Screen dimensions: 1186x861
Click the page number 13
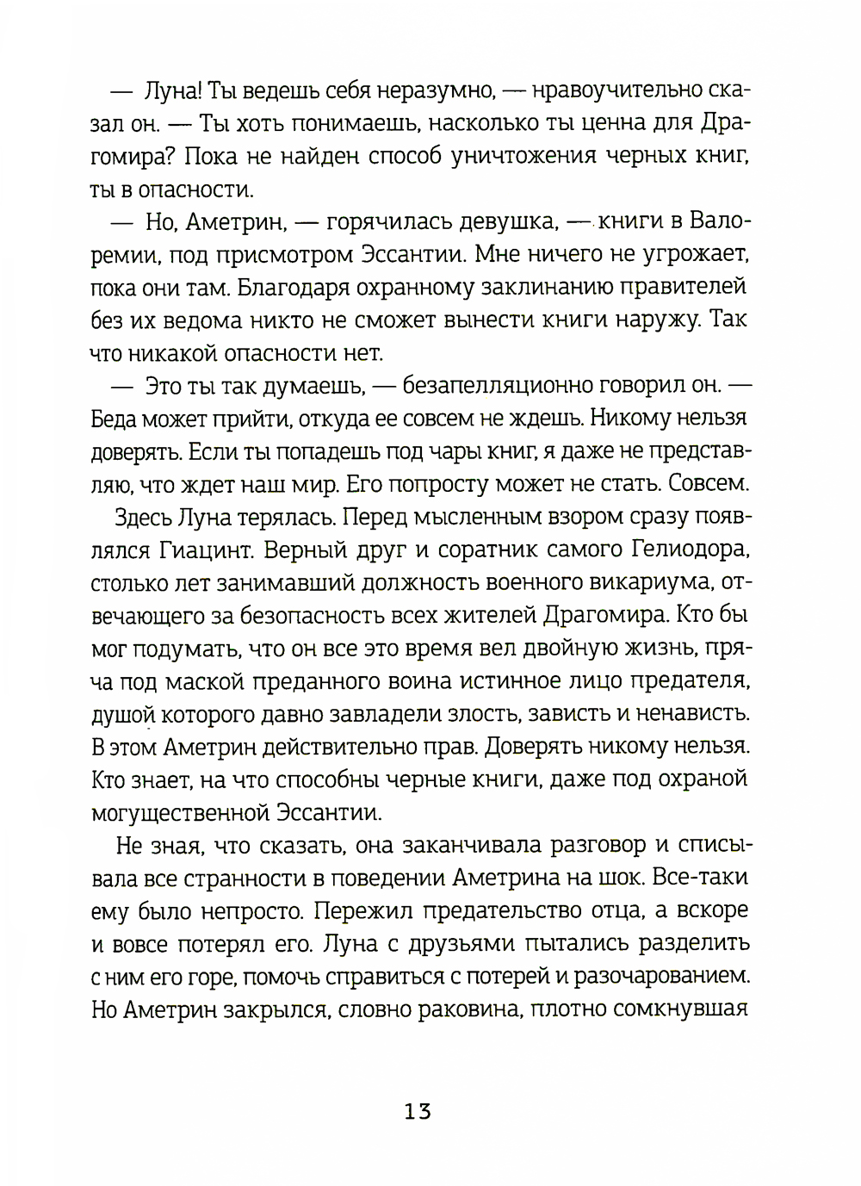point(417,1111)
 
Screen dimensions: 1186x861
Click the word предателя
point(687,681)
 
